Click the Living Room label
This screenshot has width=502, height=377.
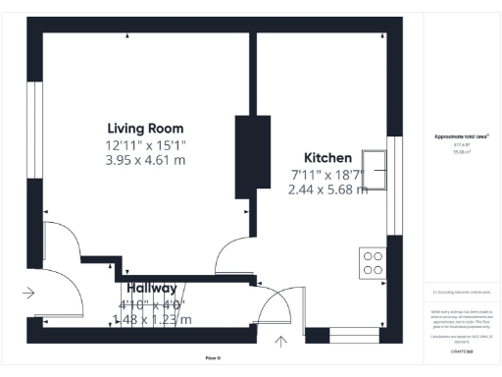[x=145, y=129]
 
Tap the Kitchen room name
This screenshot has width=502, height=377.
[x=327, y=158]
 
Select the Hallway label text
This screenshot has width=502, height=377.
[x=151, y=289]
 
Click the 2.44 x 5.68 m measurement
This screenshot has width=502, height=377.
[x=327, y=189]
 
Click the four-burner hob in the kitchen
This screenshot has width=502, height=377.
[x=374, y=261]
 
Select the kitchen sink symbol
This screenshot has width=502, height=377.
[x=374, y=169]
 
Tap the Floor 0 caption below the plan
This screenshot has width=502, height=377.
[x=213, y=358]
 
